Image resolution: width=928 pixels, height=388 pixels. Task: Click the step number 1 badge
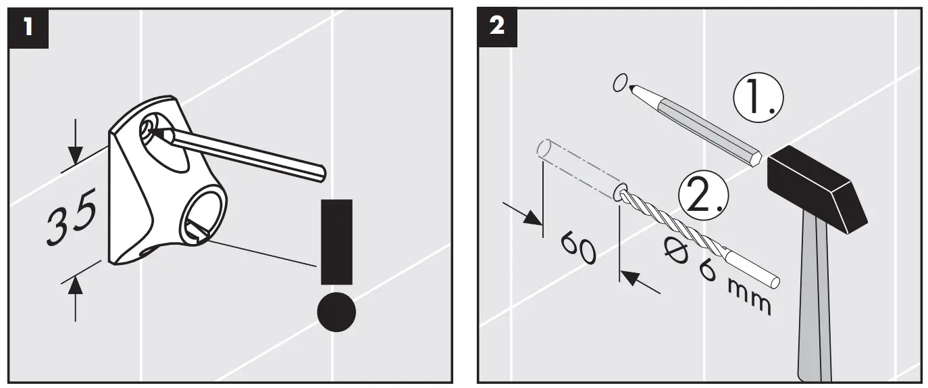tap(28, 28)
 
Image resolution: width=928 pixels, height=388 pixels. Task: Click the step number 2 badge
tap(496, 28)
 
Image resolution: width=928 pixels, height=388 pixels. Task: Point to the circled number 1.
tap(758, 99)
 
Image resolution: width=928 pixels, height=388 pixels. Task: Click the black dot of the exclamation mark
tap(336, 312)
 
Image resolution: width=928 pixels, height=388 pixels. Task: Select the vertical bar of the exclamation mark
tap(336, 241)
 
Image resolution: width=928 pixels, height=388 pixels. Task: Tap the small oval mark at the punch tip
tap(619, 83)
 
